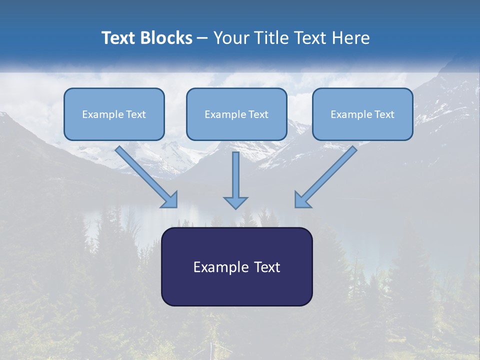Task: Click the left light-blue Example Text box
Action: click(x=114, y=114)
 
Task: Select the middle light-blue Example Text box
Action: click(x=236, y=114)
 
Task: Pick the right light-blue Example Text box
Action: click(x=362, y=114)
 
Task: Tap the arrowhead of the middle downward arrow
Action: click(x=235, y=202)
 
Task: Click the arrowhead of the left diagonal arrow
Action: click(x=170, y=200)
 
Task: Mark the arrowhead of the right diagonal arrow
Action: click(x=302, y=200)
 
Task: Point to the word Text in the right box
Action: click(x=384, y=114)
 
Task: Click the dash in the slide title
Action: click(x=202, y=38)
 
